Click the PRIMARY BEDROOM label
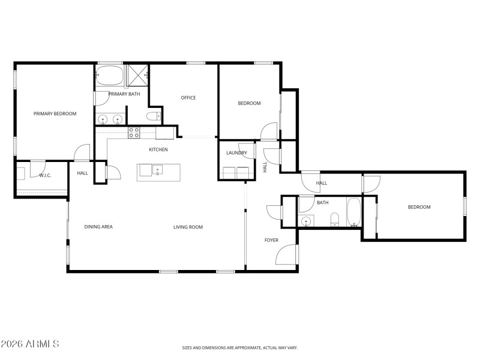55,113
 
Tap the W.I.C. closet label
44,175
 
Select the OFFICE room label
188,98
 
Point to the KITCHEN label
158,149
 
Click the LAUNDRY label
236,153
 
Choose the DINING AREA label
98,227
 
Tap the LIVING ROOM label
188,227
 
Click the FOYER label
271,240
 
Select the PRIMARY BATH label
124,94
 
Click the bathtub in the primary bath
109,76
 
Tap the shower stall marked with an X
137,76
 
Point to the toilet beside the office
153,116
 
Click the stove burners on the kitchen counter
134,133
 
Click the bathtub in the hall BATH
353,213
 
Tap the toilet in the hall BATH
335,220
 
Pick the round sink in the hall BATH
307,221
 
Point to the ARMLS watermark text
30,344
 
